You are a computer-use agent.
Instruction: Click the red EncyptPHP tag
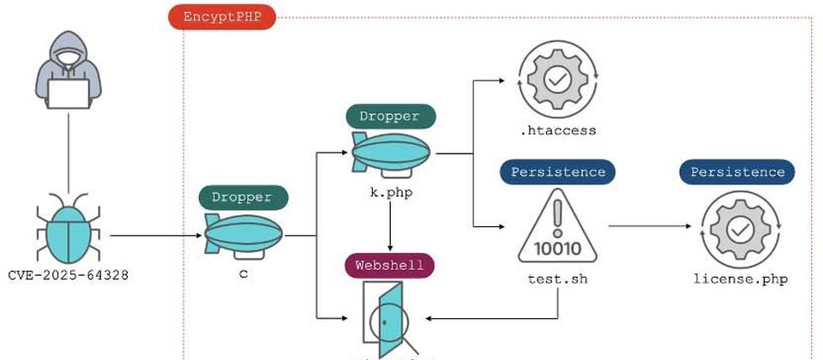222,18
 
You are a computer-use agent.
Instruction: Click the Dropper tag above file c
243,197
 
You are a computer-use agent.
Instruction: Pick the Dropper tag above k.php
390,117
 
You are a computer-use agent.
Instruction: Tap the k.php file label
390,193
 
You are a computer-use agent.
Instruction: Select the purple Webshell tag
390,265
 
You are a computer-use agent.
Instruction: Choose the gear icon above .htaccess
557,81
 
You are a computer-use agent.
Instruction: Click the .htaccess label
557,131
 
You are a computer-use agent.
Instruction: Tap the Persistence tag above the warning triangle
557,171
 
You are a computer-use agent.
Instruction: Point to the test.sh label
557,279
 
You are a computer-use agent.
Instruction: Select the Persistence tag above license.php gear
737,171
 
